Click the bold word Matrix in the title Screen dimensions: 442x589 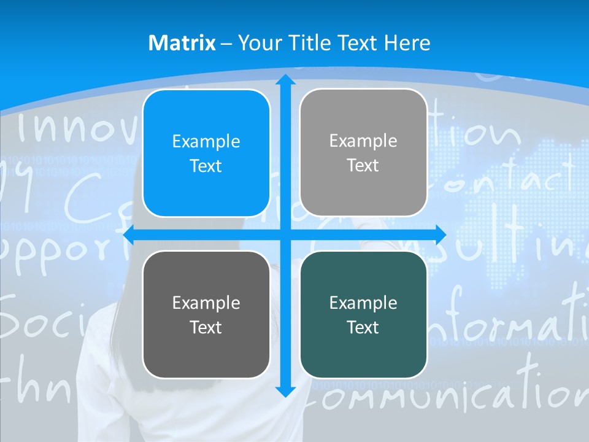182,43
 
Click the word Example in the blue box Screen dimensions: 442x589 206,142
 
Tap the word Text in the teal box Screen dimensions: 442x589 363,328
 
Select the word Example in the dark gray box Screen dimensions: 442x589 206,303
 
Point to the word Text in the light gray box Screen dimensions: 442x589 363,166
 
